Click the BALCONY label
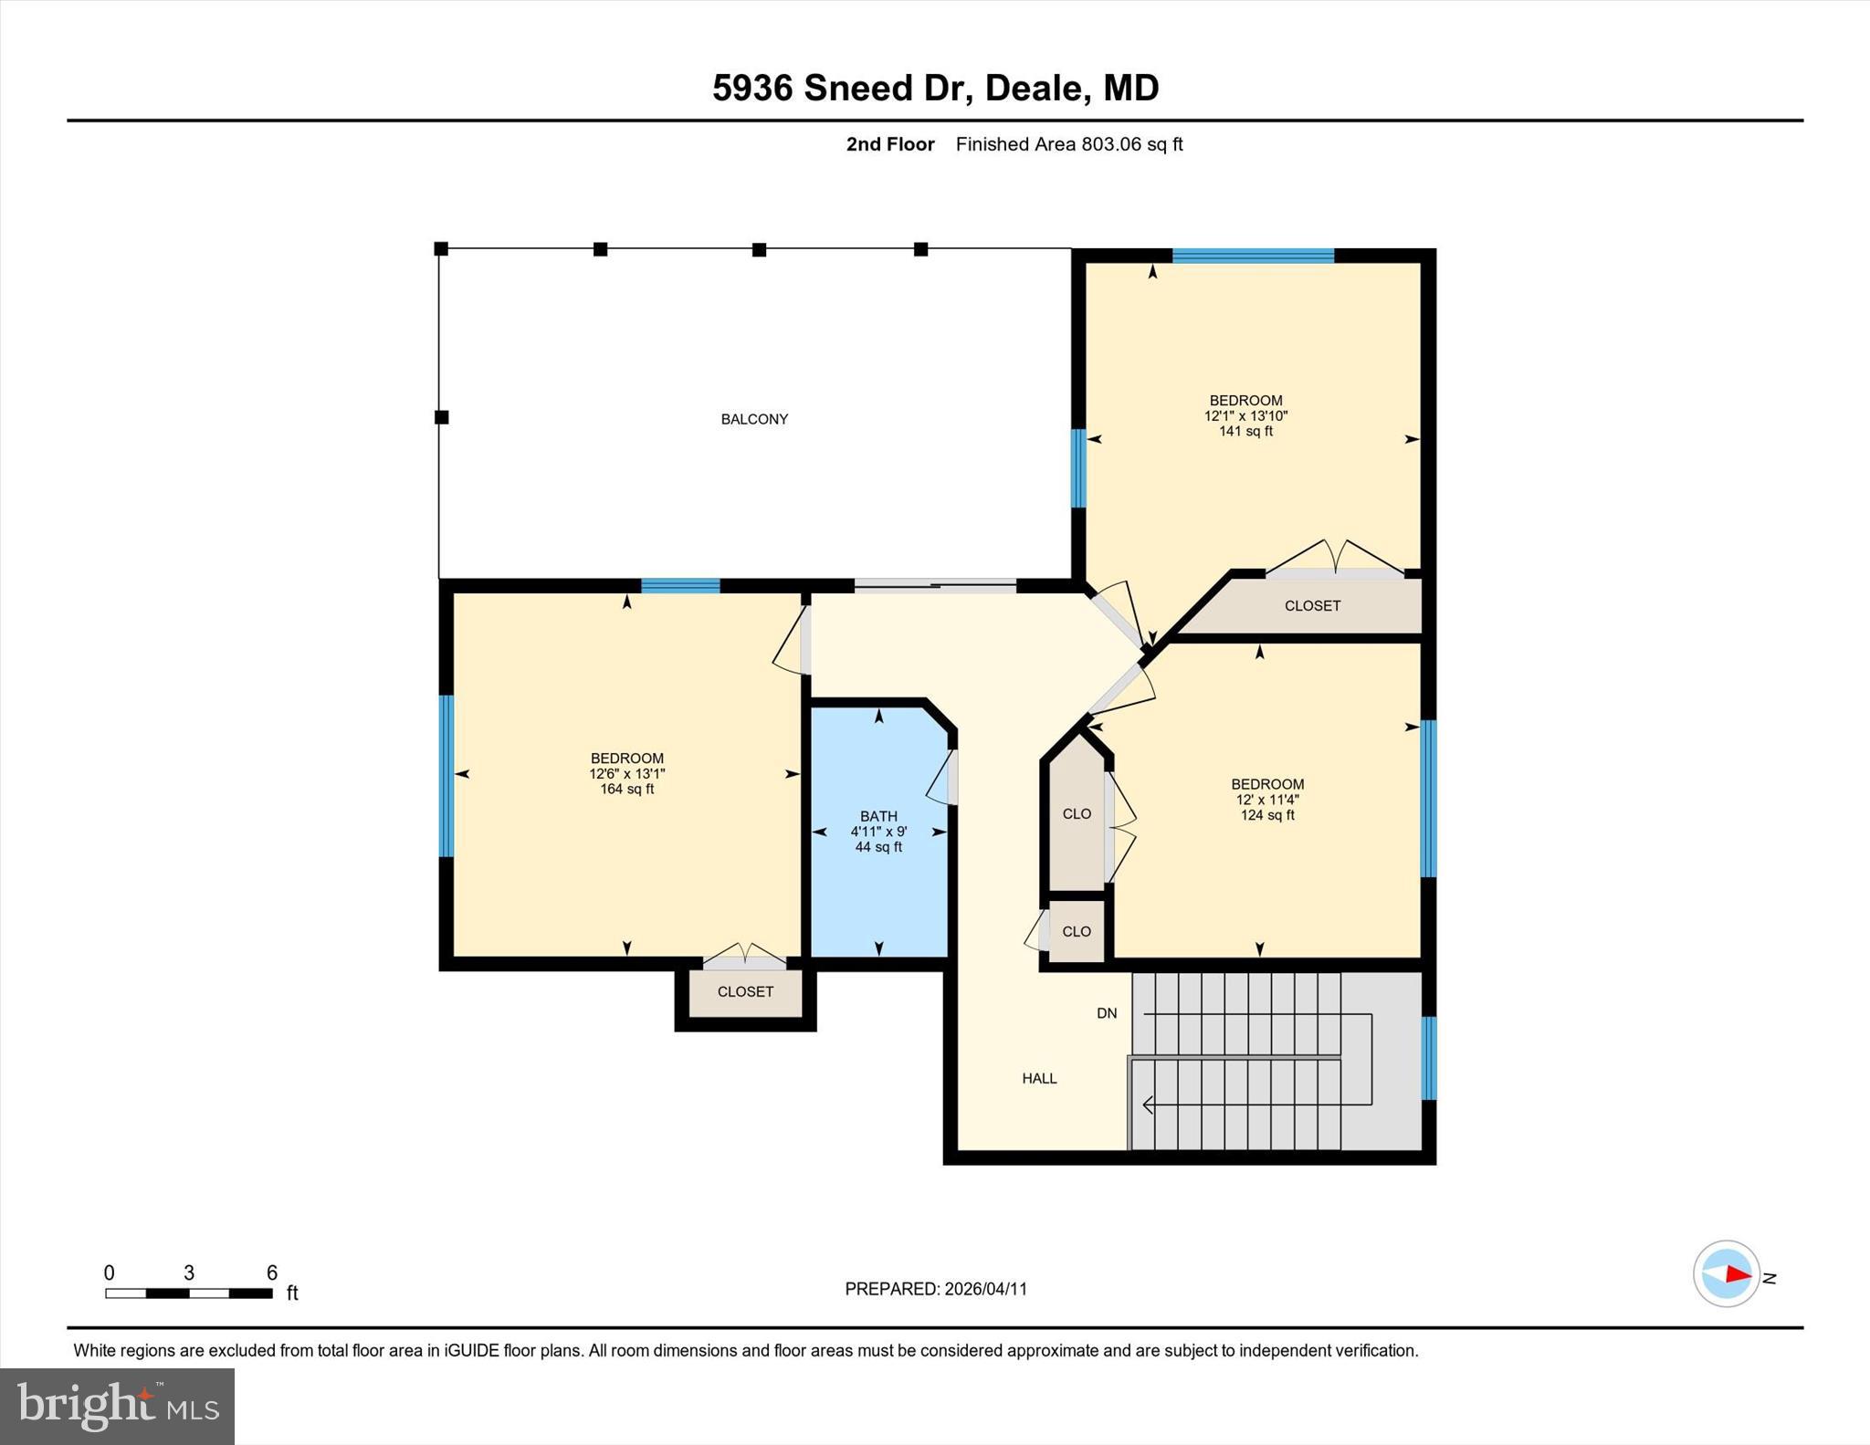754,419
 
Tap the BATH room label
878,816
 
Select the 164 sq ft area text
626,789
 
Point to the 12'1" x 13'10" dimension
1245,415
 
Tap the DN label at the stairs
1107,1013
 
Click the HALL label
1039,1078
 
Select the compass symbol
1727,1274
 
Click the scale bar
189,1293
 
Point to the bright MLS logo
117,1406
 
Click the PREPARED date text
936,1289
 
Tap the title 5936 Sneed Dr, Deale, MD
935,88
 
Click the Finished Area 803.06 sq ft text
1068,144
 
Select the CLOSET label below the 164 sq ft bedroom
745,991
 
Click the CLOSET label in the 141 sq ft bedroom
1312,605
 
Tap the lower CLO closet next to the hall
1077,931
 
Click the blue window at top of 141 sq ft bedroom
1253,256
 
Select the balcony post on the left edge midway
441,417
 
